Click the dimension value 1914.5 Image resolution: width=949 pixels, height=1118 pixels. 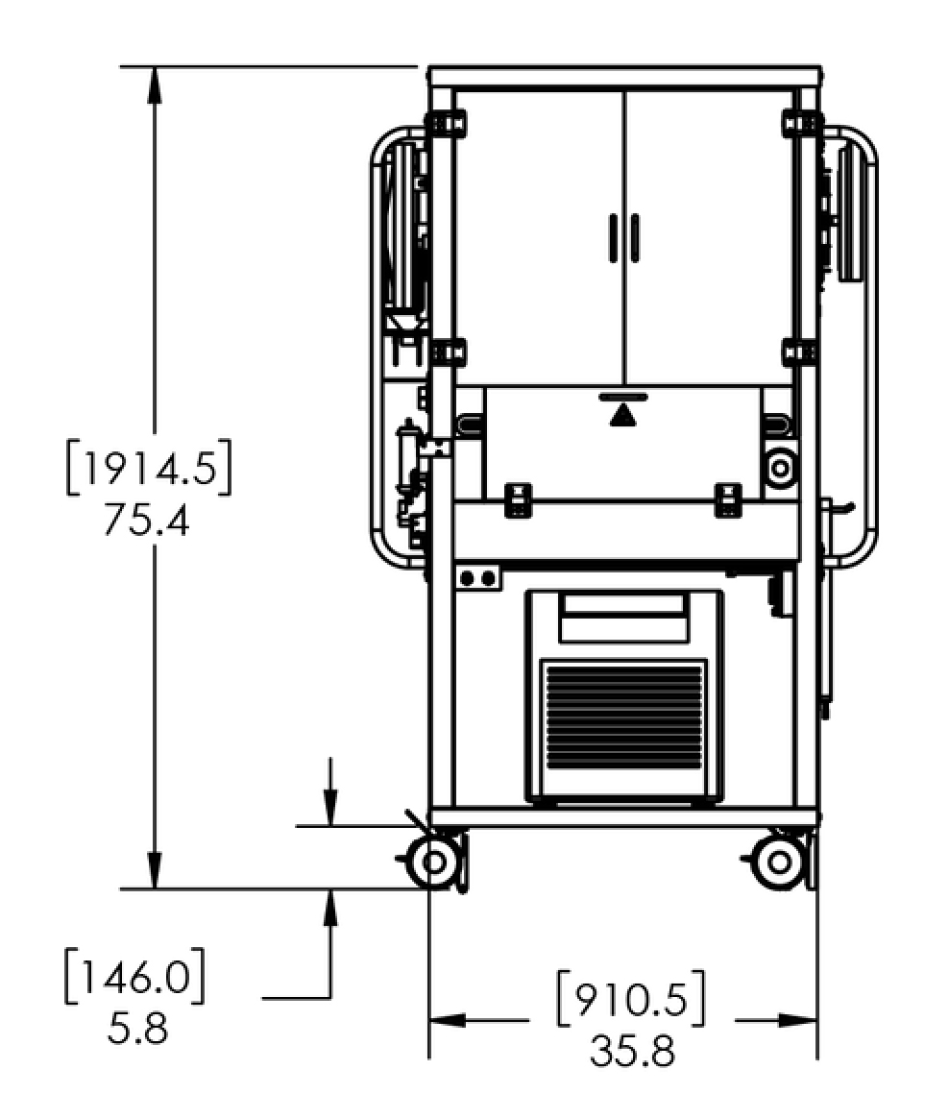148,469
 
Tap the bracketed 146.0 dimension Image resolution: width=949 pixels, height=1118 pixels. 134,976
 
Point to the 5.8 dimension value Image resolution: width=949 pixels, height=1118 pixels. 138,1028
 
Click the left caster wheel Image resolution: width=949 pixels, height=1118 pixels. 432,862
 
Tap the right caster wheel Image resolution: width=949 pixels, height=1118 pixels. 779,862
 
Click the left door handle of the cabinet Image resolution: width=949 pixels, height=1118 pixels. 613,237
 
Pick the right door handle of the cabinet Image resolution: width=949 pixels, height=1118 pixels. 635,237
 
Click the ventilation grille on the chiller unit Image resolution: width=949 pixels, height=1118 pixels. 624,716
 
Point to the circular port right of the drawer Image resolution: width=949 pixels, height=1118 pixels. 780,469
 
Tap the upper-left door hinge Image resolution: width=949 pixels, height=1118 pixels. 445,123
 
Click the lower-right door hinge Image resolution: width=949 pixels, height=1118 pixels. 803,352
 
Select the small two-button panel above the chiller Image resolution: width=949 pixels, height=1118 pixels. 477,577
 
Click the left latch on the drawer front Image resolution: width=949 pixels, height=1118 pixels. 519,499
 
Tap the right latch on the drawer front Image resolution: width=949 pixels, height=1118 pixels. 728,499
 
